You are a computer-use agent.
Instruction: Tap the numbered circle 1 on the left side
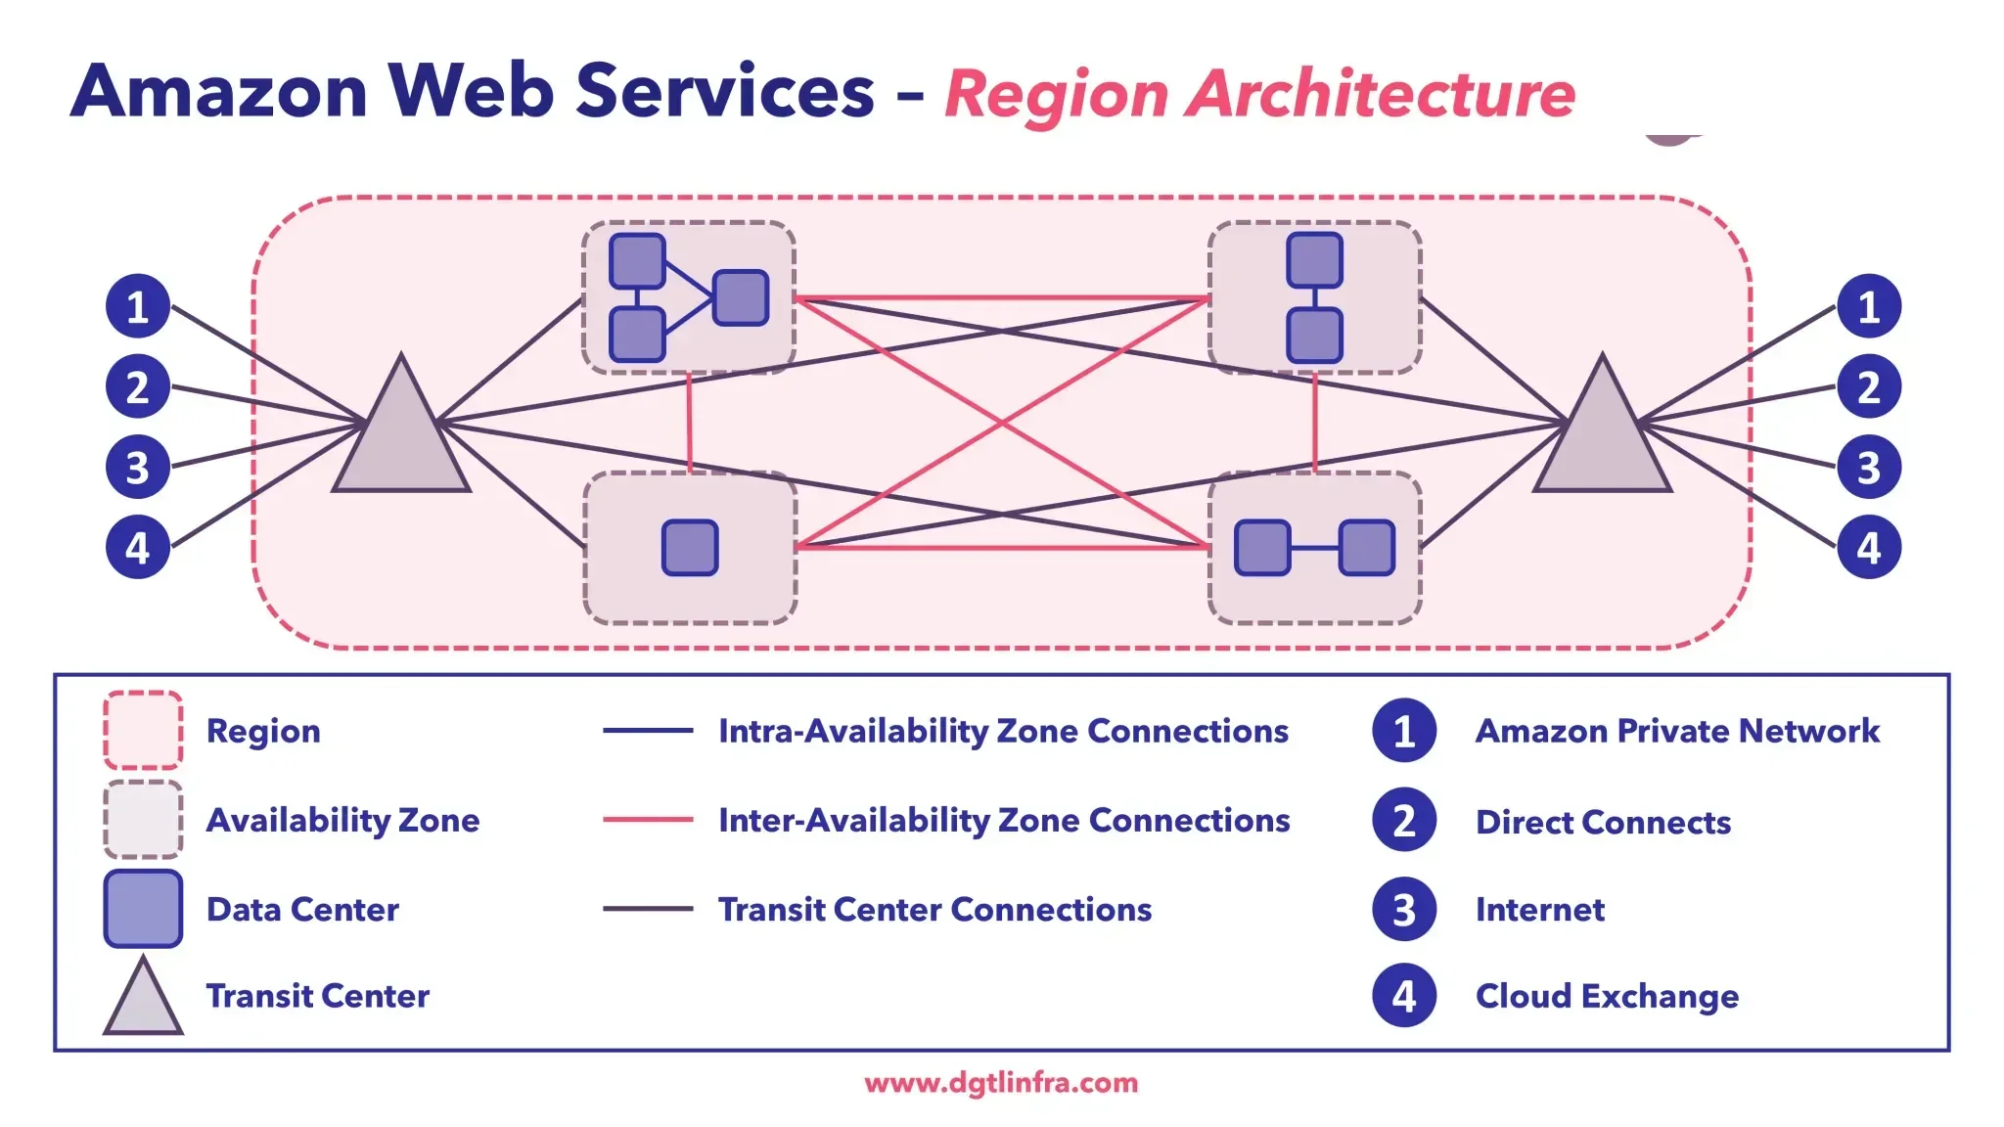[138, 306]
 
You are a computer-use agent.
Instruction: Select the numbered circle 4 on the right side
[1868, 547]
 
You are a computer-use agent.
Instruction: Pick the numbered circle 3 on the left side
[138, 467]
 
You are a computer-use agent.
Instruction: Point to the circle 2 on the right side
[1868, 386]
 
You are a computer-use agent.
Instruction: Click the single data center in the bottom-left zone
[690, 548]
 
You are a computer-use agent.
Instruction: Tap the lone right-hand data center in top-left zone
[741, 297]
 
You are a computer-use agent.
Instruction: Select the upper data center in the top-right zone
[1314, 260]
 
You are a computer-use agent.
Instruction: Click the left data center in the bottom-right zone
[1262, 548]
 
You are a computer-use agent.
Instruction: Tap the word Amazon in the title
[219, 90]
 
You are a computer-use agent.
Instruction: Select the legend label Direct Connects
[1603, 822]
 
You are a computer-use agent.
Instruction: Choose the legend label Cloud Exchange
[1607, 996]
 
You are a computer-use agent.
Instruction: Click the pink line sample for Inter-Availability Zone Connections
[648, 820]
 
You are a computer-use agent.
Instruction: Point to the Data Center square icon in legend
[143, 909]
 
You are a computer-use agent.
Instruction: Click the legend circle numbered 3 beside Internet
[1403, 909]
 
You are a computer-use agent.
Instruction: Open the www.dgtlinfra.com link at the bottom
[1001, 1083]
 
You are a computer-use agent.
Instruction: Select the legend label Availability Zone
[342, 820]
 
